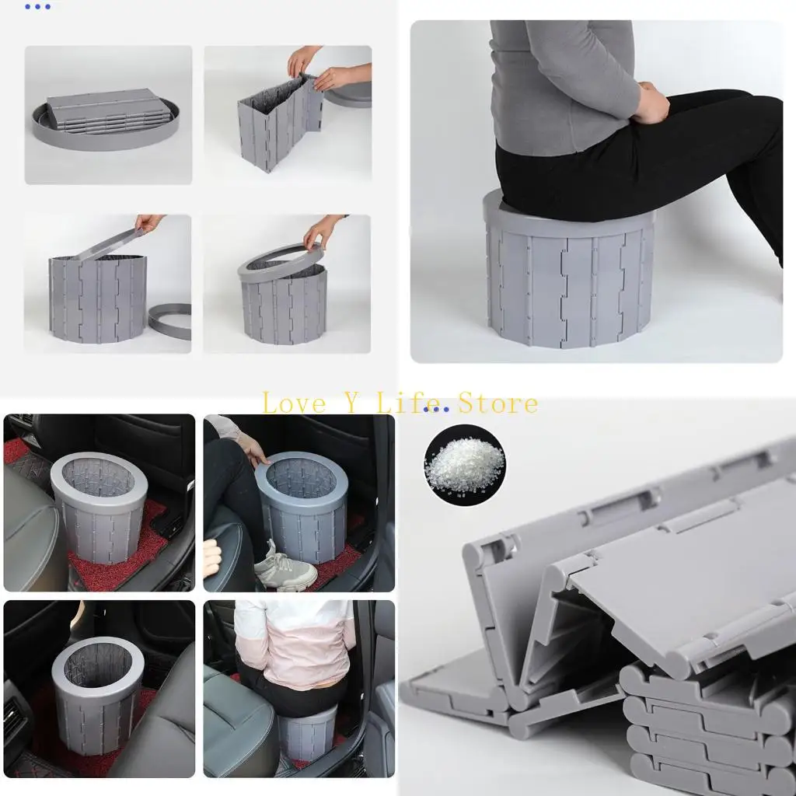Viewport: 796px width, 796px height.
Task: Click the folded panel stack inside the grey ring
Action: point(106,109)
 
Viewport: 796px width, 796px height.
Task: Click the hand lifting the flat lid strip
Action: point(149,223)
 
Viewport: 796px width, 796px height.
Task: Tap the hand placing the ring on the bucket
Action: point(321,230)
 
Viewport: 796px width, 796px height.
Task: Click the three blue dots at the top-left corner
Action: point(37,7)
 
